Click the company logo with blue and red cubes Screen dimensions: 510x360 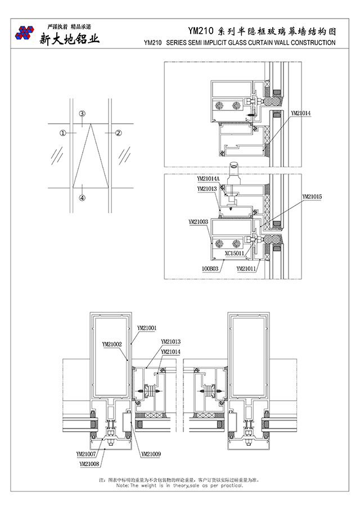[24, 33]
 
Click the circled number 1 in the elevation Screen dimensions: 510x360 [63, 133]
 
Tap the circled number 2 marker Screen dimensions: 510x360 [119, 133]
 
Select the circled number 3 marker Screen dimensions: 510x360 [82, 114]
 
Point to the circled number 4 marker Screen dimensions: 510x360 [82, 198]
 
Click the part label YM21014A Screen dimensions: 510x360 [209, 179]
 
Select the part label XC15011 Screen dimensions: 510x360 [234, 253]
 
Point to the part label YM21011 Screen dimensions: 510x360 [246, 269]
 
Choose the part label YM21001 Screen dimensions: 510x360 [147, 327]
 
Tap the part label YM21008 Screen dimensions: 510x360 [89, 464]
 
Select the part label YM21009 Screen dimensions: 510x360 [151, 454]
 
